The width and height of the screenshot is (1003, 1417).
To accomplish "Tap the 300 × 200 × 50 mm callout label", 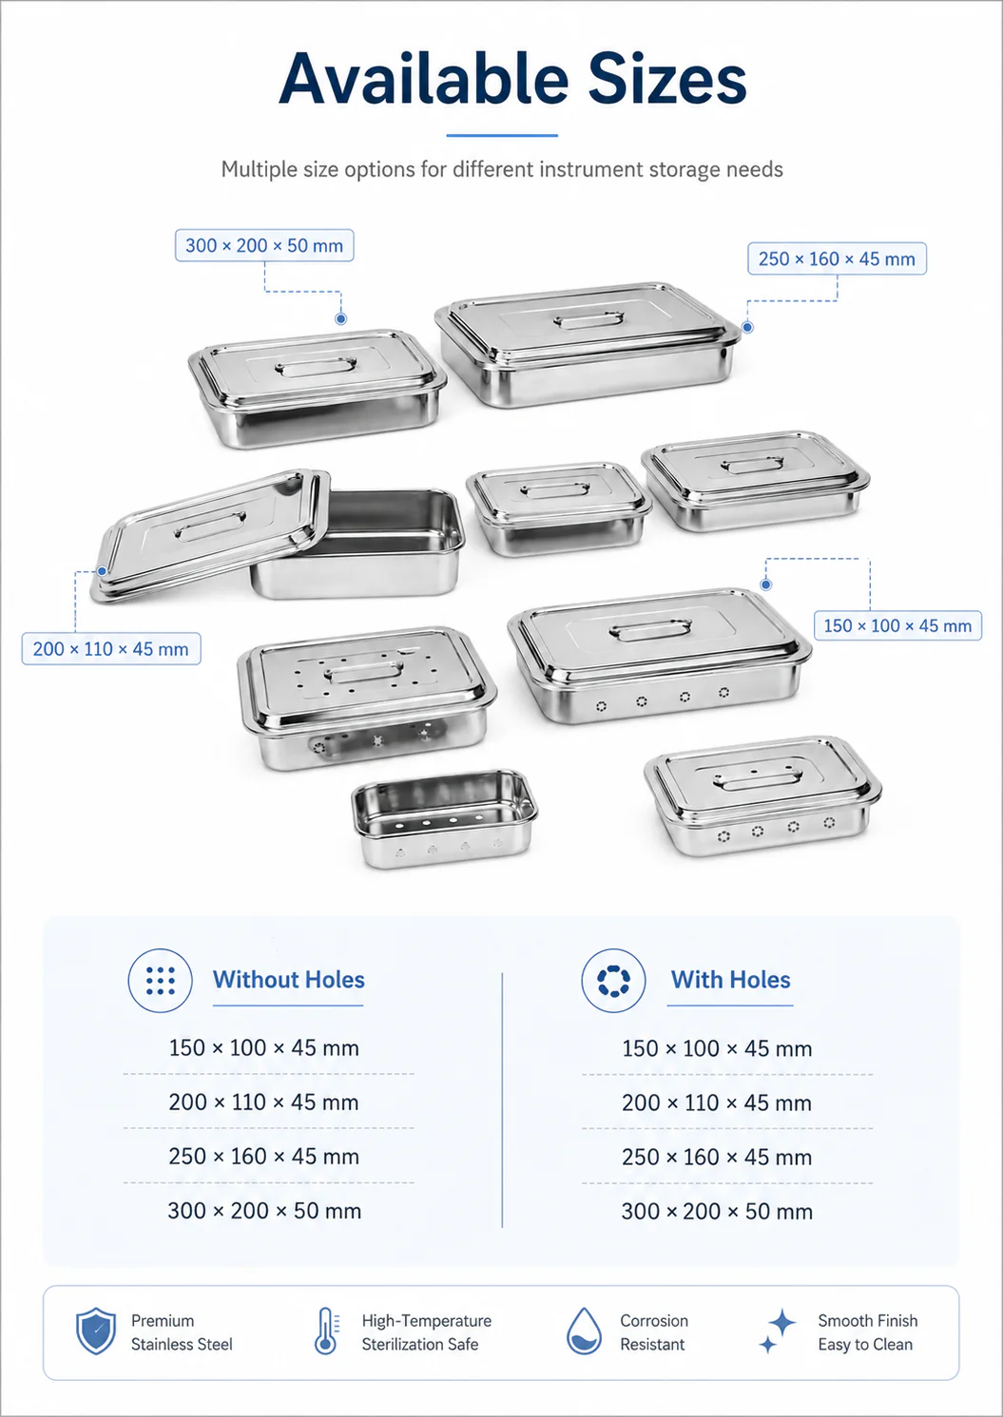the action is coord(264,245).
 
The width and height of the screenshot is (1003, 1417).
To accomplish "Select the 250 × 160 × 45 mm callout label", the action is coord(837,259).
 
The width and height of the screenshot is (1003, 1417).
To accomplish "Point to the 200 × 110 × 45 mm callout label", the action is coord(111,648).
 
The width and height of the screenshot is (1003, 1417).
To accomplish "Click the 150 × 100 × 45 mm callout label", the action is coord(897,625).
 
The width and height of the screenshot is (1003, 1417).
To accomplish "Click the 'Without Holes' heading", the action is coord(289,980).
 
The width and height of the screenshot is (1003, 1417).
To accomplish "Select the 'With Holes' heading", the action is coord(731,980).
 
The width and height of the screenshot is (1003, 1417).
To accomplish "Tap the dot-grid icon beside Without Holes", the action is coord(160,981).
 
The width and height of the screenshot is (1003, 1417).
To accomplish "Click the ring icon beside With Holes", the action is coord(613,981).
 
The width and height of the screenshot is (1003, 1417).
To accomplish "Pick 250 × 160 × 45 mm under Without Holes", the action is coord(264,1157).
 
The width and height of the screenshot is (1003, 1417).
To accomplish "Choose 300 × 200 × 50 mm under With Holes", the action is coord(717,1212).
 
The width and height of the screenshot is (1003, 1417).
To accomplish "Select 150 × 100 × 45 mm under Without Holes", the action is coord(264,1047).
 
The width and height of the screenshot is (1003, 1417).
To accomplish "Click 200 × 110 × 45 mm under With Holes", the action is coord(717,1102).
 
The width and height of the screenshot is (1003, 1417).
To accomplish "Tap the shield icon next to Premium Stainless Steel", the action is coord(96,1331).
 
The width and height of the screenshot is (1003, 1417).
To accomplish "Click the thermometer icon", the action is coord(326,1331).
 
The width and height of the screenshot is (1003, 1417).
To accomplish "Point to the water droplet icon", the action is coord(584,1331).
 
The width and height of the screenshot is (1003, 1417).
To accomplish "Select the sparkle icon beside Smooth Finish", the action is coord(777,1331).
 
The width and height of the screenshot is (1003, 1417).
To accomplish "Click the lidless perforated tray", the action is coord(444,818).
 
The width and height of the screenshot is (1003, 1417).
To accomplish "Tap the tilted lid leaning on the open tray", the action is coord(211,534).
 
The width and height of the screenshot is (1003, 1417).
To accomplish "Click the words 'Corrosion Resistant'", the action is coord(654,1332).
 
